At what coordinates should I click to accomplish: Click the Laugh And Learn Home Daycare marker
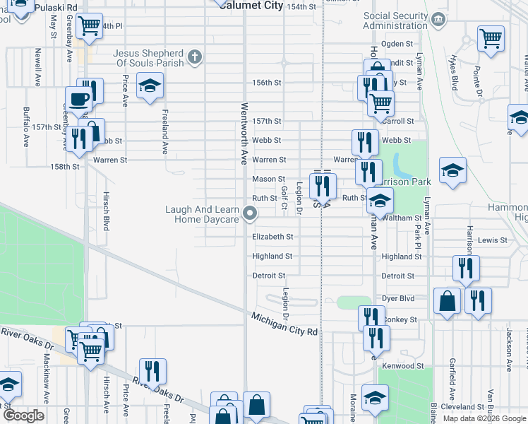tap(249, 213)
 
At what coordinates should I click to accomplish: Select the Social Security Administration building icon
tap(439, 18)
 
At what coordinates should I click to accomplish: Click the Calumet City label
tap(251, 6)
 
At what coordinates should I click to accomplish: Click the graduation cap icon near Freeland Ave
tap(149, 87)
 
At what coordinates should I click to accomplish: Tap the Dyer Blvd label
tap(398, 299)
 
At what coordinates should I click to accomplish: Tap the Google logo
tap(23, 416)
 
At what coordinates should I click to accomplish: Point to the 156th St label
tap(267, 83)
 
